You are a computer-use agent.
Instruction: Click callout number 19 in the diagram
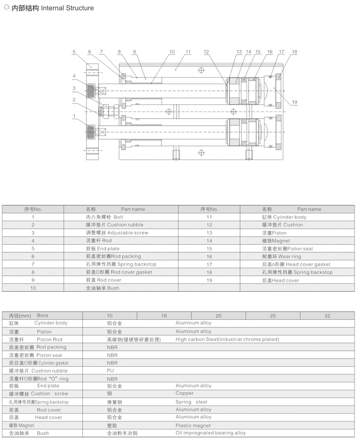(x=295, y=102)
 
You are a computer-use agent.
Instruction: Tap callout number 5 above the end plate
(x=73, y=52)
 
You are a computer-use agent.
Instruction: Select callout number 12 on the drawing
(x=206, y=52)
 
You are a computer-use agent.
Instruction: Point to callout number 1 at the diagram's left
(x=73, y=115)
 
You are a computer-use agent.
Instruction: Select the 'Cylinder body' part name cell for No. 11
(x=284, y=217)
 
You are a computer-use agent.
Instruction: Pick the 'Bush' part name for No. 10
(x=103, y=288)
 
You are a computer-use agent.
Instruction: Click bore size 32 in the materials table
(x=328, y=316)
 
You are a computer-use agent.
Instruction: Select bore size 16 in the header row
(x=164, y=316)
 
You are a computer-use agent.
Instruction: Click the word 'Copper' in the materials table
(x=184, y=393)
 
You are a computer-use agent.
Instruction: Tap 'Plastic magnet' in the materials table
(x=193, y=426)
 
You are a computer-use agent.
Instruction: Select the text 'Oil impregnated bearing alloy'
(x=211, y=433)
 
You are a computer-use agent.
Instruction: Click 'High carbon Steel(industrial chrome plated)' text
(x=227, y=339)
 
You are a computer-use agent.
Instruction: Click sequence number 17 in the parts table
(x=209, y=265)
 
